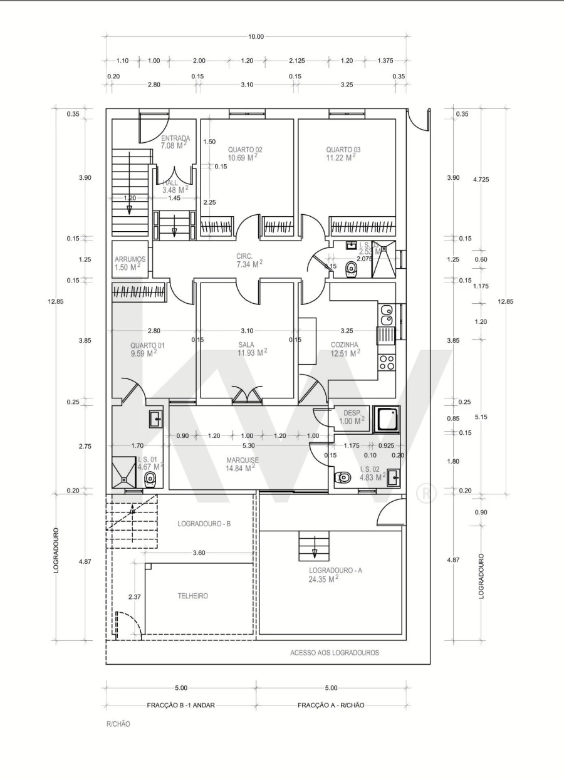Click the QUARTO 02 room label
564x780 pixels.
(x=244, y=150)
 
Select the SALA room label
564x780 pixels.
(x=246, y=345)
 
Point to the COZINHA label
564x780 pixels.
(x=344, y=345)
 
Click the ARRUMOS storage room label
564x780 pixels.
(x=130, y=259)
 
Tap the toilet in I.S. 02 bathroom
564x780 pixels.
(x=343, y=478)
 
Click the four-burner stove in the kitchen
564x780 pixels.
(x=387, y=362)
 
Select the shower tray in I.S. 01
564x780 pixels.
(x=124, y=471)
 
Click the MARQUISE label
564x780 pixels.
(x=243, y=460)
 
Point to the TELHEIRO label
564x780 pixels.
(x=193, y=596)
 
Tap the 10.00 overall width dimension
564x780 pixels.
(x=256, y=36)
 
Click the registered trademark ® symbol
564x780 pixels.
(x=426, y=494)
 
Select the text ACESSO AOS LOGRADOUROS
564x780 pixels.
(x=335, y=653)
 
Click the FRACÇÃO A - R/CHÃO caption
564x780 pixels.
(x=331, y=705)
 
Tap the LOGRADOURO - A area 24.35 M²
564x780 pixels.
(x=323, y=579)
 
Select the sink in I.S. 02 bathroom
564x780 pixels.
(x=393, y=477)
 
